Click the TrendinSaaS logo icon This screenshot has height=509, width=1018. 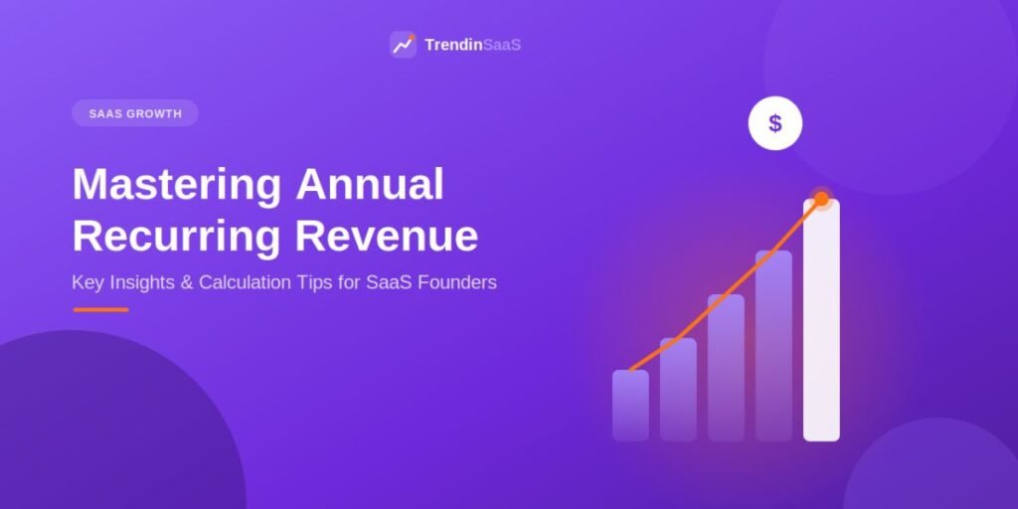(x=404, y=45)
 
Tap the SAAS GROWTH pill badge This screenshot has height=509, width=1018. (x=135, y=113)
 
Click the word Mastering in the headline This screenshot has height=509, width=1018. (x=177, y=186)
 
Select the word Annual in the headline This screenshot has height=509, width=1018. (x=370, y=184)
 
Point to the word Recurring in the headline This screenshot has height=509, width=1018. (x=177, y=238)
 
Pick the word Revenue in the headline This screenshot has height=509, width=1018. (x=387, y=237)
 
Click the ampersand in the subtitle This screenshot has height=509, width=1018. (x=188, y=283)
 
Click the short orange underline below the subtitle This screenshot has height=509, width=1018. (x=100, y=310)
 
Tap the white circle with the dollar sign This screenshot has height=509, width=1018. (x=775, y=123)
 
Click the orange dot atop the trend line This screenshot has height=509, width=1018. (x=821, y=199)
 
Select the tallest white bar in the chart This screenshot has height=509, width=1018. (x=821, y=320)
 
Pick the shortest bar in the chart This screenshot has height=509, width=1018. (x=630, y=406)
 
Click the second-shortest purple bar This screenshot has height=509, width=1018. (x=678, y=390)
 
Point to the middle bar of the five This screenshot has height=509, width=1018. (x=726, y=368)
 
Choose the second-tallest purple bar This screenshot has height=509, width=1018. (x=773, y=346)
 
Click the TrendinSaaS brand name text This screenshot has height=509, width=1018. (x=472, y=45)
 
